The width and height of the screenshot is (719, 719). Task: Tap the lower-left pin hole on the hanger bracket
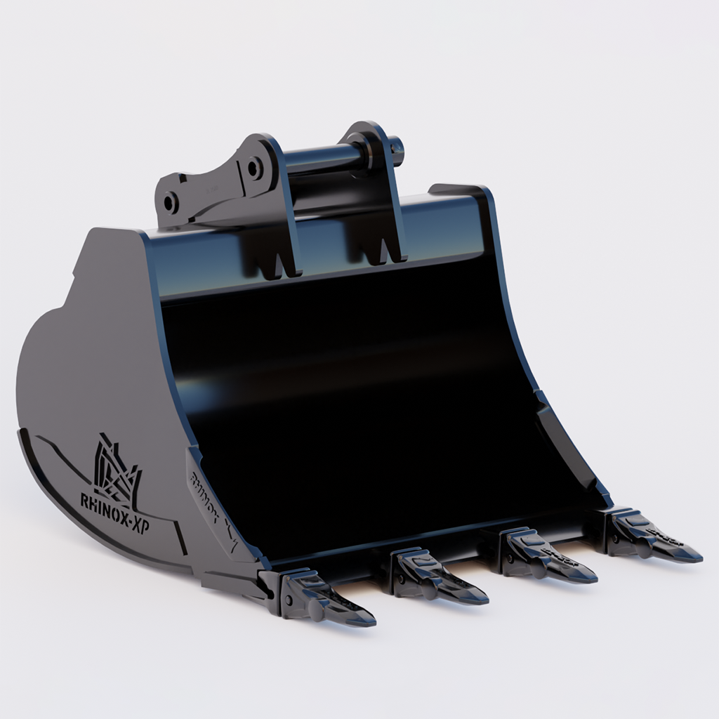coord(171,203)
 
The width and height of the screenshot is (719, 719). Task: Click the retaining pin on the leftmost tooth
coord(287,601)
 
